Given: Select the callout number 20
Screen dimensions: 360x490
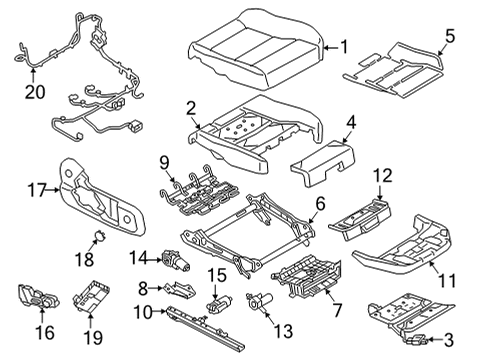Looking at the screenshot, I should tap(35, 91).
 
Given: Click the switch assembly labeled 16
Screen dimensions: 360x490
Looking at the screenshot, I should tap(37, 297).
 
